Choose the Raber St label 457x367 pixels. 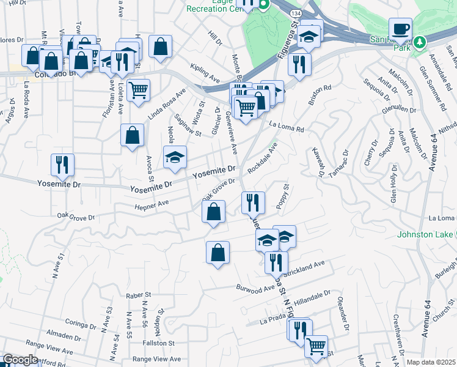coord(138,295)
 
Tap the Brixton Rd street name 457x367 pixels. coord(320,96)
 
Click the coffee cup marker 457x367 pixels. coord(401,29)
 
